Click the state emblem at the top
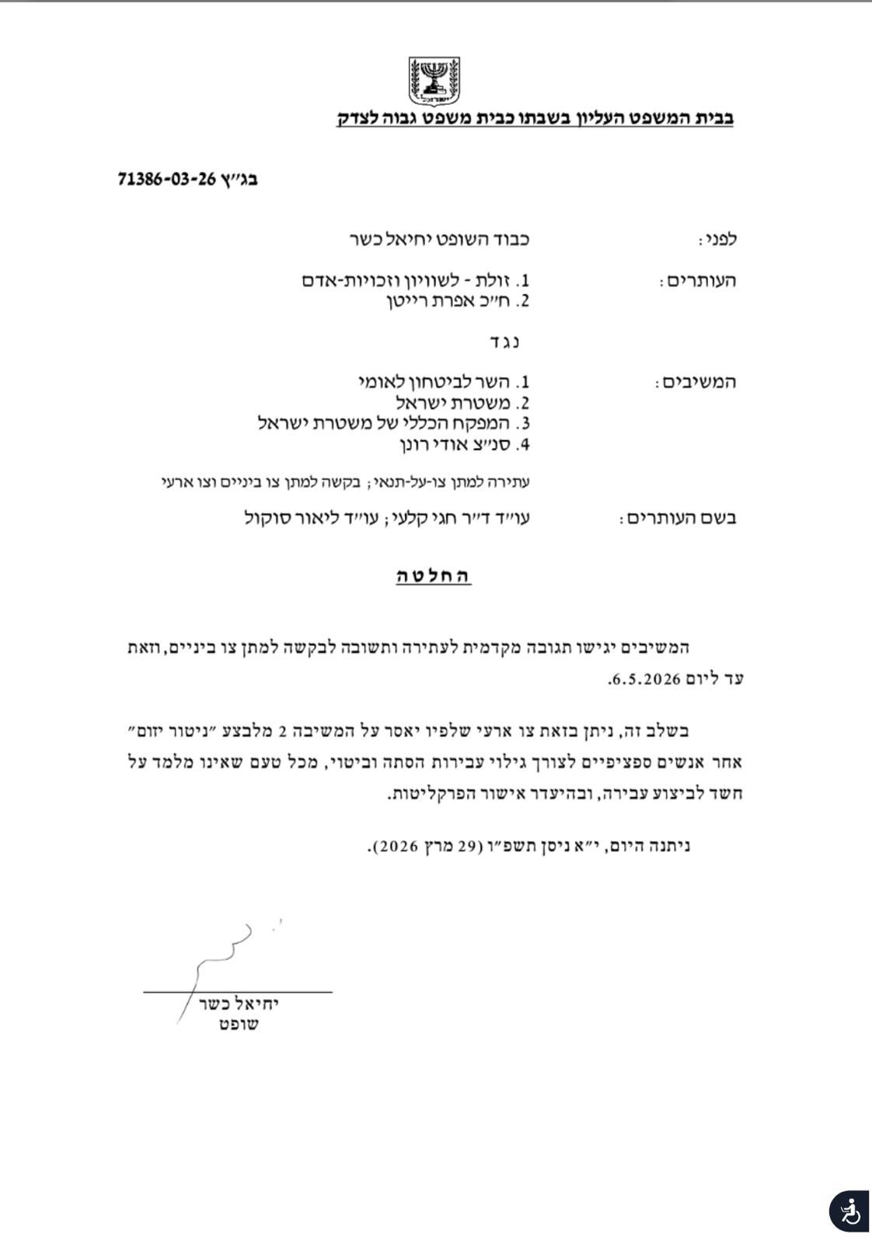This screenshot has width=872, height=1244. coord(434,81)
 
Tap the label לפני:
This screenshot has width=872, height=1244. coord(717,239)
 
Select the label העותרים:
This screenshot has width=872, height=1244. coord(697,281)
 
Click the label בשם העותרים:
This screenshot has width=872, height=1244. coord(678,518)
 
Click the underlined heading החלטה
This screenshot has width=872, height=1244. coord(434,576)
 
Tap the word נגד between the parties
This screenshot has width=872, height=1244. coord(505,341)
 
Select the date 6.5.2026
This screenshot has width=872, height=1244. coord(645,679)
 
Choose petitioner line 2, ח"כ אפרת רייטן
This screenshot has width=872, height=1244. coord(459,301)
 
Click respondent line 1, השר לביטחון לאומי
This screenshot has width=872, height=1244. coord(444,382)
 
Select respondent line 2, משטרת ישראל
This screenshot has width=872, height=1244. coord(462,403)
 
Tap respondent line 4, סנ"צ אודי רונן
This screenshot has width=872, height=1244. coord(465,445)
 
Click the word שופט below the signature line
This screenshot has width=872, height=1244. coord(239,1025)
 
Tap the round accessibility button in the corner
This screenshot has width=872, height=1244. coord(849,1211)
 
